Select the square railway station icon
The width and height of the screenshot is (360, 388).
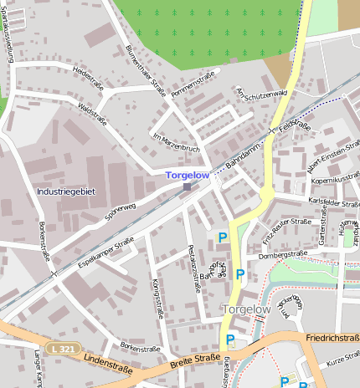(x=187, y=186)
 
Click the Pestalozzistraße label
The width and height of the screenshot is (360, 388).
(x=194, y=268)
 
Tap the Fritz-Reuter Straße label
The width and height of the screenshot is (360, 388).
(x=286, y=227)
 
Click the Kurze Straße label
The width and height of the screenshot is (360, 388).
(x=341, y=359)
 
